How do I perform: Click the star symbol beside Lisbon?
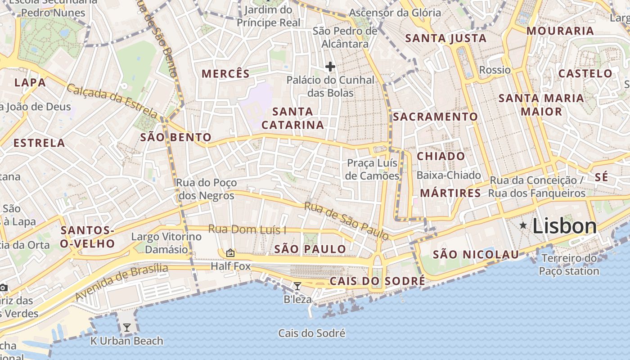click(x=523, y=225)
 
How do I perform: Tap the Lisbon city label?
click(x=564, y=226)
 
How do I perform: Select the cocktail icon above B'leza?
click(x=297, y=286)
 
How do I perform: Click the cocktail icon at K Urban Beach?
click(x=127, y=328)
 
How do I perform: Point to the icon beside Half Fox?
click(x=230, y=253)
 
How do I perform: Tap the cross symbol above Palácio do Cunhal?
click(x=330, y=67)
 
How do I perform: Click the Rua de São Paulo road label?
click(x=346, y=220)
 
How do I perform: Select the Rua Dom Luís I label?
click(x=247, y=229)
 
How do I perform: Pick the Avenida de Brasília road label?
click(x=121, y=282)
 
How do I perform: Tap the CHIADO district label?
click(x=441, y=156)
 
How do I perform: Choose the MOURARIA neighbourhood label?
click(x=560, y=31)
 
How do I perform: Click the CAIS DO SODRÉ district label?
click(x=377, y=281)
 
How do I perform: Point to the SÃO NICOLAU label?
click(x=476, y=255)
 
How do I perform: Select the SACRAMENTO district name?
click(x=435, y=117)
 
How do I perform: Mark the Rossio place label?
click(x=495, y=70)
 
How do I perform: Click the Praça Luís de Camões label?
click(x=372, y=169)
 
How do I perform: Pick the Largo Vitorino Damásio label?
click(x=166, y=243)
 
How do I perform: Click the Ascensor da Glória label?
click(x=395, y=13)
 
